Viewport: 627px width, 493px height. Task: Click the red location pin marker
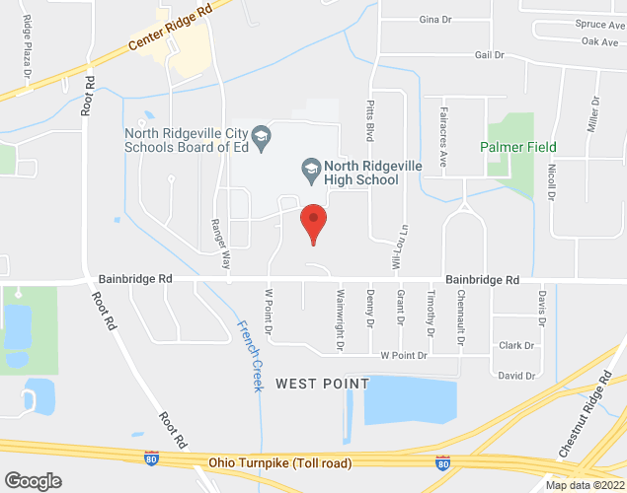pyautogui.click(x=313, y=222)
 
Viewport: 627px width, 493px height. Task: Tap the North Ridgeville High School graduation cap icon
pyautogui.click(x=309, y=169)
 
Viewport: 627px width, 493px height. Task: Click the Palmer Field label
pyautogui.click(x=518, y=147)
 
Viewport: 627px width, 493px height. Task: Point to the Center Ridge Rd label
pyautogui.click(x=171, y=32)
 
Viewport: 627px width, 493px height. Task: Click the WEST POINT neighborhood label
pyautogui.click(x=322, y=383)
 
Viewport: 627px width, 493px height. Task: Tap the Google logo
pyautogui.click(x=33, y=480)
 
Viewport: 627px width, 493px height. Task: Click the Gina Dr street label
pyautogui.click(x=434, y=19)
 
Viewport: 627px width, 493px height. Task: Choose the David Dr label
pyautogui.click(x=516, y=375)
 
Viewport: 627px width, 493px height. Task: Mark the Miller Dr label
pyautogui.click(x=594, y=115)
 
